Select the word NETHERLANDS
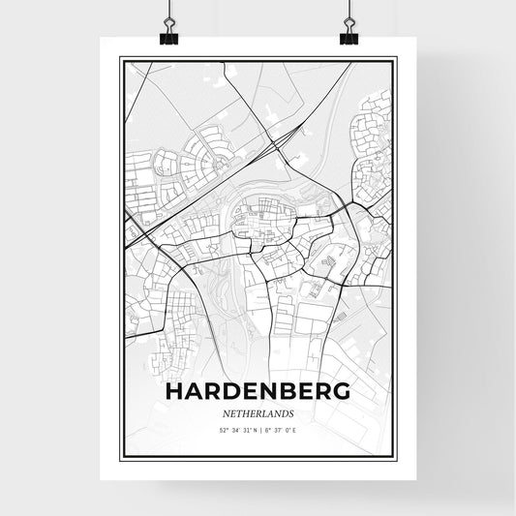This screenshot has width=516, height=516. (x=258, y=413)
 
